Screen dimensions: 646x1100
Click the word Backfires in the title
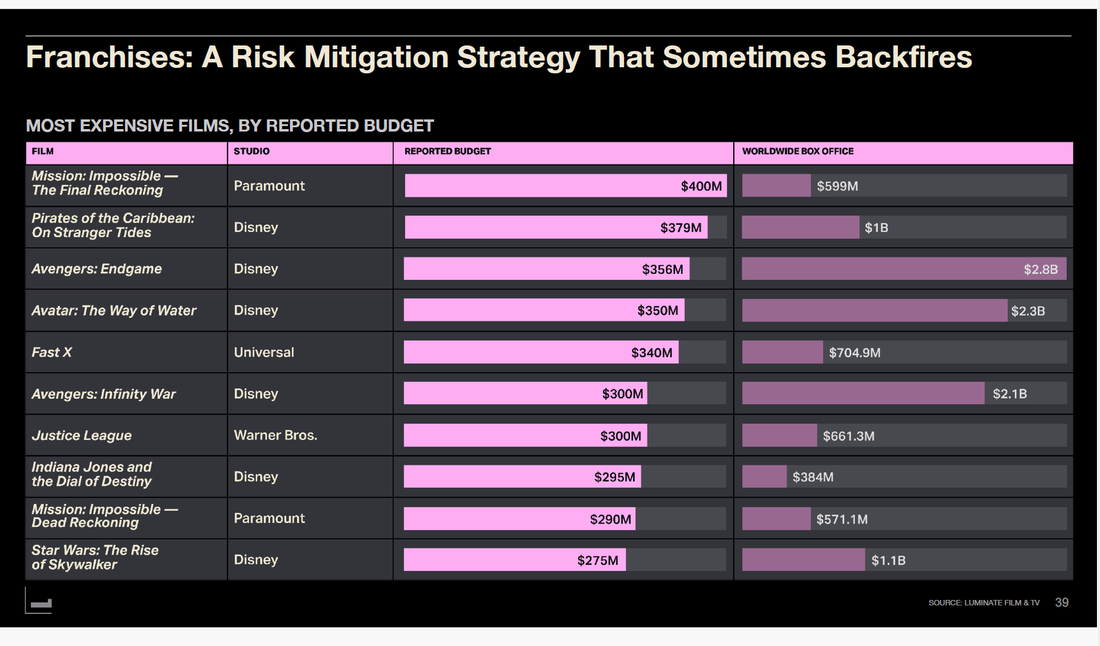903,58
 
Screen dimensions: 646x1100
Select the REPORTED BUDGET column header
448,152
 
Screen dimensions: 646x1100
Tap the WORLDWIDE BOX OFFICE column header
797,152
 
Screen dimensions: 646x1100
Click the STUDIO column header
252,152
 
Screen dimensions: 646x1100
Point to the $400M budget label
701,186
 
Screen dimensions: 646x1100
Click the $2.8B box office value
1041,269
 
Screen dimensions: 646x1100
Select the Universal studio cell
264,352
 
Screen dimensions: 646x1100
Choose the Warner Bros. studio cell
275,435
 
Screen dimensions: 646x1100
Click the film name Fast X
52,352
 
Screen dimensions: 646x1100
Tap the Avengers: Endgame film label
96,269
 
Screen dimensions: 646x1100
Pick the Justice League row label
81,435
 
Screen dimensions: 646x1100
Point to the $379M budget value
680,228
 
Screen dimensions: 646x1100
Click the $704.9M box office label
854,353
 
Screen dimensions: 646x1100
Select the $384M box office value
813,477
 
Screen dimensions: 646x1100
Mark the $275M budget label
597,561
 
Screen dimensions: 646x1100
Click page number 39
1061,602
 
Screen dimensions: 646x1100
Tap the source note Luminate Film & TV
984,602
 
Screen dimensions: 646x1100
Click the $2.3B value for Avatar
1028,311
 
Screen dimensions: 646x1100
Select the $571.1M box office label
842,519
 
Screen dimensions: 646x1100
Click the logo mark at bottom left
40,603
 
